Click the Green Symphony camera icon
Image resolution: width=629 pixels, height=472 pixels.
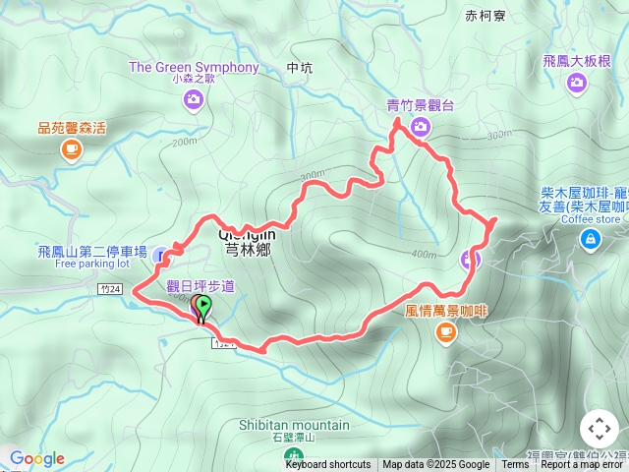pyautogui.click(x=194, y=98)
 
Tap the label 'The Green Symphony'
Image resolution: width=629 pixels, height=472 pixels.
pyautogui.click(x=194, y=68)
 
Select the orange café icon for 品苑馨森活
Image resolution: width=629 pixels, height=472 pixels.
pyautogui.click(x=71, y=148)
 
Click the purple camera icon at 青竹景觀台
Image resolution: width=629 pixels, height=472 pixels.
pyautogui.click(x=421, y=125)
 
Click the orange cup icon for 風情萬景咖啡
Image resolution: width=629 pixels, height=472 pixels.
pyautogui.click(x=446, y=332)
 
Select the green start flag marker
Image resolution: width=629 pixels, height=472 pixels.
pyautogui.click(x=202, y=308)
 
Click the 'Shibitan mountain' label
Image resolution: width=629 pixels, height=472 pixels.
pyautogui.click(x=293, y=425)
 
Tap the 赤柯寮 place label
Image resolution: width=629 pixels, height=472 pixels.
pyautogui.click(x=486, y=16)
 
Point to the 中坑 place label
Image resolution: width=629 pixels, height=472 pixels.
pyautogui.click(x=299, y=68)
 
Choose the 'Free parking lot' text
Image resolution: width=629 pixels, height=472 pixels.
pyautogui.click(x=92, y=264)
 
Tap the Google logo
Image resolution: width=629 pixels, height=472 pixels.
pyautogui.click(x=36, y=458)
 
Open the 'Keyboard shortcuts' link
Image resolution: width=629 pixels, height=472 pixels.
pyautogui.click(x=328, y=465)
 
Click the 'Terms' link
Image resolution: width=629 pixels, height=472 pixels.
pyautogui.click(x=515, y=465)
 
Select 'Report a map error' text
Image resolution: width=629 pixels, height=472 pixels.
pyautogui.click(x=582, y=465)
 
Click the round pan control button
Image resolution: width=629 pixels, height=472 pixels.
pyautogui.click(x=600, y=429)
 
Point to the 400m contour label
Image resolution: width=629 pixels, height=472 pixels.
pyautogui.click(x=425, y=255)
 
